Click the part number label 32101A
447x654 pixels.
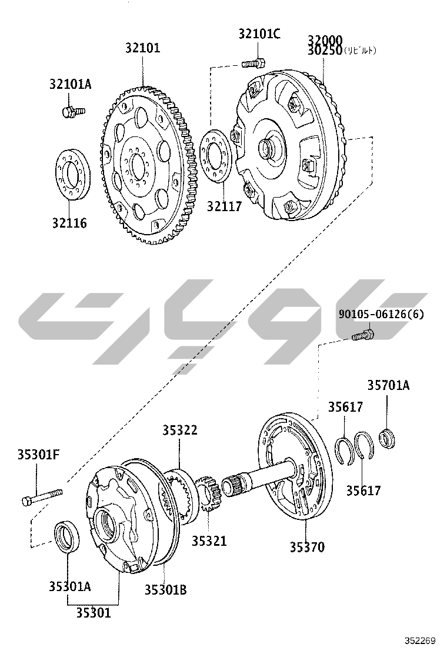click(x=70, y=84)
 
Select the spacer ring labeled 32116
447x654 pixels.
click(x=72, y=175)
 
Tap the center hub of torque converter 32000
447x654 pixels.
click(x=271, y=146)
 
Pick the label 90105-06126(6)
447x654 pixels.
click(x=381, y=314)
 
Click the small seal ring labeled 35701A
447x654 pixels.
click(x=388, y=438)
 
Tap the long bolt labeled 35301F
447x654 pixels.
click(x=41, y=496)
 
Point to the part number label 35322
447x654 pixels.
click(x=179, y=431)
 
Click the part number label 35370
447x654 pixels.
click(x=306, y=547)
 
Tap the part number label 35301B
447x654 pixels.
click(x=165, y=589)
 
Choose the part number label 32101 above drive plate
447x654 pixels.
click(x=142, y=48)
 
